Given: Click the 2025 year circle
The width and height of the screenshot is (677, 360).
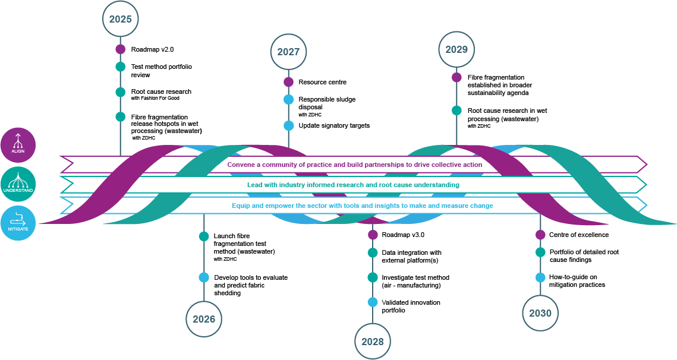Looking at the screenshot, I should tap(121, 19).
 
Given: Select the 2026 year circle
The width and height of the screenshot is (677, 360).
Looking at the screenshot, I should tap(204, 319).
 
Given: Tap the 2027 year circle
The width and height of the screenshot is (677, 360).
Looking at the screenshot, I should tap(288, 52).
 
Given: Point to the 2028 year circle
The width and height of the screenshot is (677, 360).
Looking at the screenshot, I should tap(373, 342).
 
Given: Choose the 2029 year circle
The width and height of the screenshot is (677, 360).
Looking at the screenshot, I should tap(456, 49).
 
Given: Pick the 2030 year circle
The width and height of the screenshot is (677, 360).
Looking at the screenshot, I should tap(540, 313).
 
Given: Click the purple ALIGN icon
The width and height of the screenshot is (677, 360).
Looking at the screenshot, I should tap(18, 145).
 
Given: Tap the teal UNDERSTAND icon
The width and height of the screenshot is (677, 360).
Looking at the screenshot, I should tap(18, 184).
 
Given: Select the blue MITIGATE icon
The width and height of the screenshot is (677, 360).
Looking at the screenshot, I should tap(18, 223).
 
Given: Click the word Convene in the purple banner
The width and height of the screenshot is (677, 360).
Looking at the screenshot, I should tap(241, 165).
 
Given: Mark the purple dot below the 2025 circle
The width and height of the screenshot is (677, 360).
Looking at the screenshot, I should tap(121, 49).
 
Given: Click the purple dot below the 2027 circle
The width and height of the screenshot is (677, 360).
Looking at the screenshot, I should tap(288, 82).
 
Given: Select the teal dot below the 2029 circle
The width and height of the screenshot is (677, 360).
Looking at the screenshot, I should tap(456, 110).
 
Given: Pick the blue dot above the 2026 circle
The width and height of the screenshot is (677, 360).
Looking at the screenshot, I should tap(204, 277).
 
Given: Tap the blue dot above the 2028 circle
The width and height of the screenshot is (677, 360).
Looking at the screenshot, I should tap(373, 302).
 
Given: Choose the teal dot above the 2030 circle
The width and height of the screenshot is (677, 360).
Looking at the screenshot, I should tap(540, 252).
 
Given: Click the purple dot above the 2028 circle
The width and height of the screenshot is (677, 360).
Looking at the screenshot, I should tap(373, 235).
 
